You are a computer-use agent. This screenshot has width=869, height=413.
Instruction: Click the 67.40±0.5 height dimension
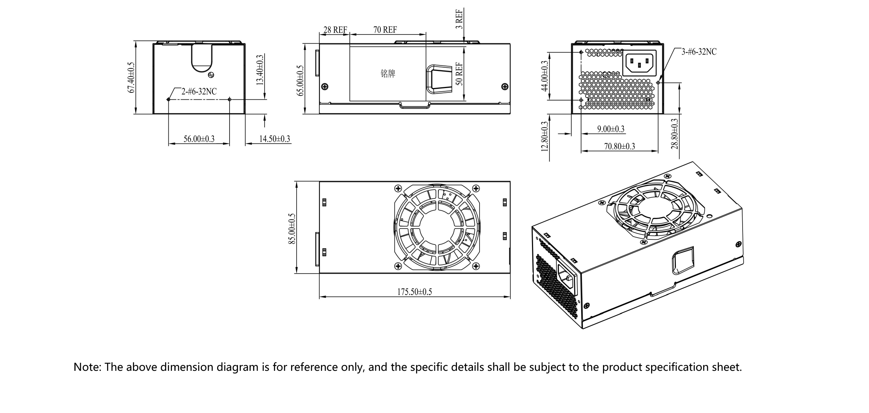(x=131, y=77)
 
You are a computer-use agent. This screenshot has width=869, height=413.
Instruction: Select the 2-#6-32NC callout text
(x=199, y=91)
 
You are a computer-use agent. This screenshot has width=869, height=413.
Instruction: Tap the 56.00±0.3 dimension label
(x=199, y=139)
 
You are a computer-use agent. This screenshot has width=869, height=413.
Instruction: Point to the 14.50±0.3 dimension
(x=274, y=139)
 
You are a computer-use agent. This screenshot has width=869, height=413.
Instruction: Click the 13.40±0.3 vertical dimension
(x=260, y=70)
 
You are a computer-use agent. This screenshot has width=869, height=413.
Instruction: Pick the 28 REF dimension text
(x=335, y=29)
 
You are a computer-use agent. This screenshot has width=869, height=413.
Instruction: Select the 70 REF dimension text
(x=385, y=29)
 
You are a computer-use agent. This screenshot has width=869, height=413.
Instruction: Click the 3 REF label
(x=459, y=19)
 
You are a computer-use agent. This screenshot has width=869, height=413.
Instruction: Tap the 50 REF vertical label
(x=459, y=74)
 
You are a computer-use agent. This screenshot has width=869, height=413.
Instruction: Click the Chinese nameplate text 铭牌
(x=388, y=74)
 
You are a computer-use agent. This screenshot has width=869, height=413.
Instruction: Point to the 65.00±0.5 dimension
(x=300, y=80)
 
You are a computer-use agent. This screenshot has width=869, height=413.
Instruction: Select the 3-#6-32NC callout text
(x=699, y=52)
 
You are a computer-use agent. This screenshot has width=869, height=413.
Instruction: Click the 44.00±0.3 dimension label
(x=545, y=76)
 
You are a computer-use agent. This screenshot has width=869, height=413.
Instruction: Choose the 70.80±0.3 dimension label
(x=619, y=146)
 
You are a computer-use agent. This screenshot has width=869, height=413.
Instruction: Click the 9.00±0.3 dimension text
(x=611, y=129)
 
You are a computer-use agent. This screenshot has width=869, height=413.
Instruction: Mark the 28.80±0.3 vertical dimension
(x=674, y=134)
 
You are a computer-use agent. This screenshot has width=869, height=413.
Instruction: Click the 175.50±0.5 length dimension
(x=414, y=292)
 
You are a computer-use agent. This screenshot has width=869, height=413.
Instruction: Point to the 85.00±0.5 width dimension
(x=292, y=229)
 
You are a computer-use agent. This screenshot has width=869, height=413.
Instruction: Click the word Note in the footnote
(x=87, y=367)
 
